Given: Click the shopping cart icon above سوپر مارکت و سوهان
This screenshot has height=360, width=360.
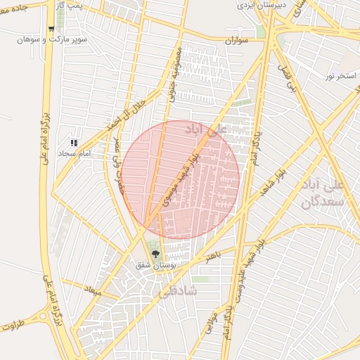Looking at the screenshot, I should pyautogui.click(x=51, y=30).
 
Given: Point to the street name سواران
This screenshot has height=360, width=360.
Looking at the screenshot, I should pyautogui.click(x=238, y=41).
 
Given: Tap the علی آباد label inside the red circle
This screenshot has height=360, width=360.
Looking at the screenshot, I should pyautogui.click(x=207, y=130).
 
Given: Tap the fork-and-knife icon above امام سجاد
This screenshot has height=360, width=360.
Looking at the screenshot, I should pyautogui.click(x=74, y=143).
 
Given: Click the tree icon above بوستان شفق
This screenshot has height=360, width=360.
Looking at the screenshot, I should pyautogui.click(x=155, y=255).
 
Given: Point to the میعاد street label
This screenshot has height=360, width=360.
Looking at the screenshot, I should pyautogui.click(x=94, y=289).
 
